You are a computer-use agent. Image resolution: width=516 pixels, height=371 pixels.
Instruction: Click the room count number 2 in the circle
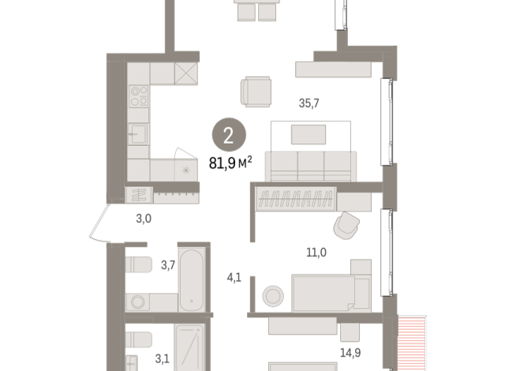[228, 137]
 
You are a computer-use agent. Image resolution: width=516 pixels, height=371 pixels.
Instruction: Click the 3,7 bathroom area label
[167, 265]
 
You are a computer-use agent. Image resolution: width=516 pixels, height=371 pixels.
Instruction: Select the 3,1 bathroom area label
[163, 358]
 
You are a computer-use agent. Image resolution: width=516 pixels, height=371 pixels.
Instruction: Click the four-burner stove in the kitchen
[139, 96]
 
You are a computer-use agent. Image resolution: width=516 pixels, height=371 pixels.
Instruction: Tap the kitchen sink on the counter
[138, 133]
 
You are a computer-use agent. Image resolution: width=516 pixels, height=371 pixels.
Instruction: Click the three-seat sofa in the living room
[310, 164]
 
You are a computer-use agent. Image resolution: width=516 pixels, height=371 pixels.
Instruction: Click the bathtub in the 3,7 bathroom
[193, 279]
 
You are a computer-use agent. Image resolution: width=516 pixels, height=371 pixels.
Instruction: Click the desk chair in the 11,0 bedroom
[346, 226]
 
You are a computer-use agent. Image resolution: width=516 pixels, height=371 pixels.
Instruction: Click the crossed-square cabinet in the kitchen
[186, 75]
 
